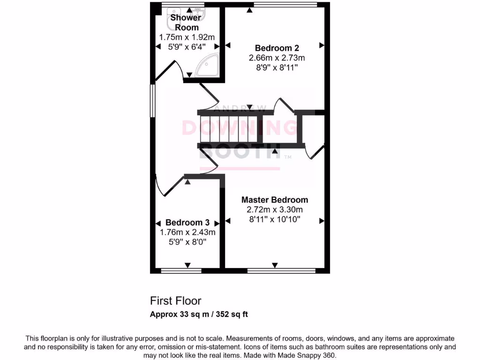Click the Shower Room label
coord(186,22)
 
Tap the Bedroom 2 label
coord(277,48)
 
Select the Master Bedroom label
coord(274,200)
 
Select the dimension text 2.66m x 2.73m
coord(277,58)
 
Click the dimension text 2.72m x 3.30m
coord(274,209)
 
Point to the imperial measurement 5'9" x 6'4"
coord(187,46)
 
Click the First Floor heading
coord(175,300)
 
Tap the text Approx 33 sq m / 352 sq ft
coord(198,314)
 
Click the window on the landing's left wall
coord(152,100)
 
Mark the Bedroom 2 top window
coord(285,5)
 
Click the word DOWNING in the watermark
coord(239,128)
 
